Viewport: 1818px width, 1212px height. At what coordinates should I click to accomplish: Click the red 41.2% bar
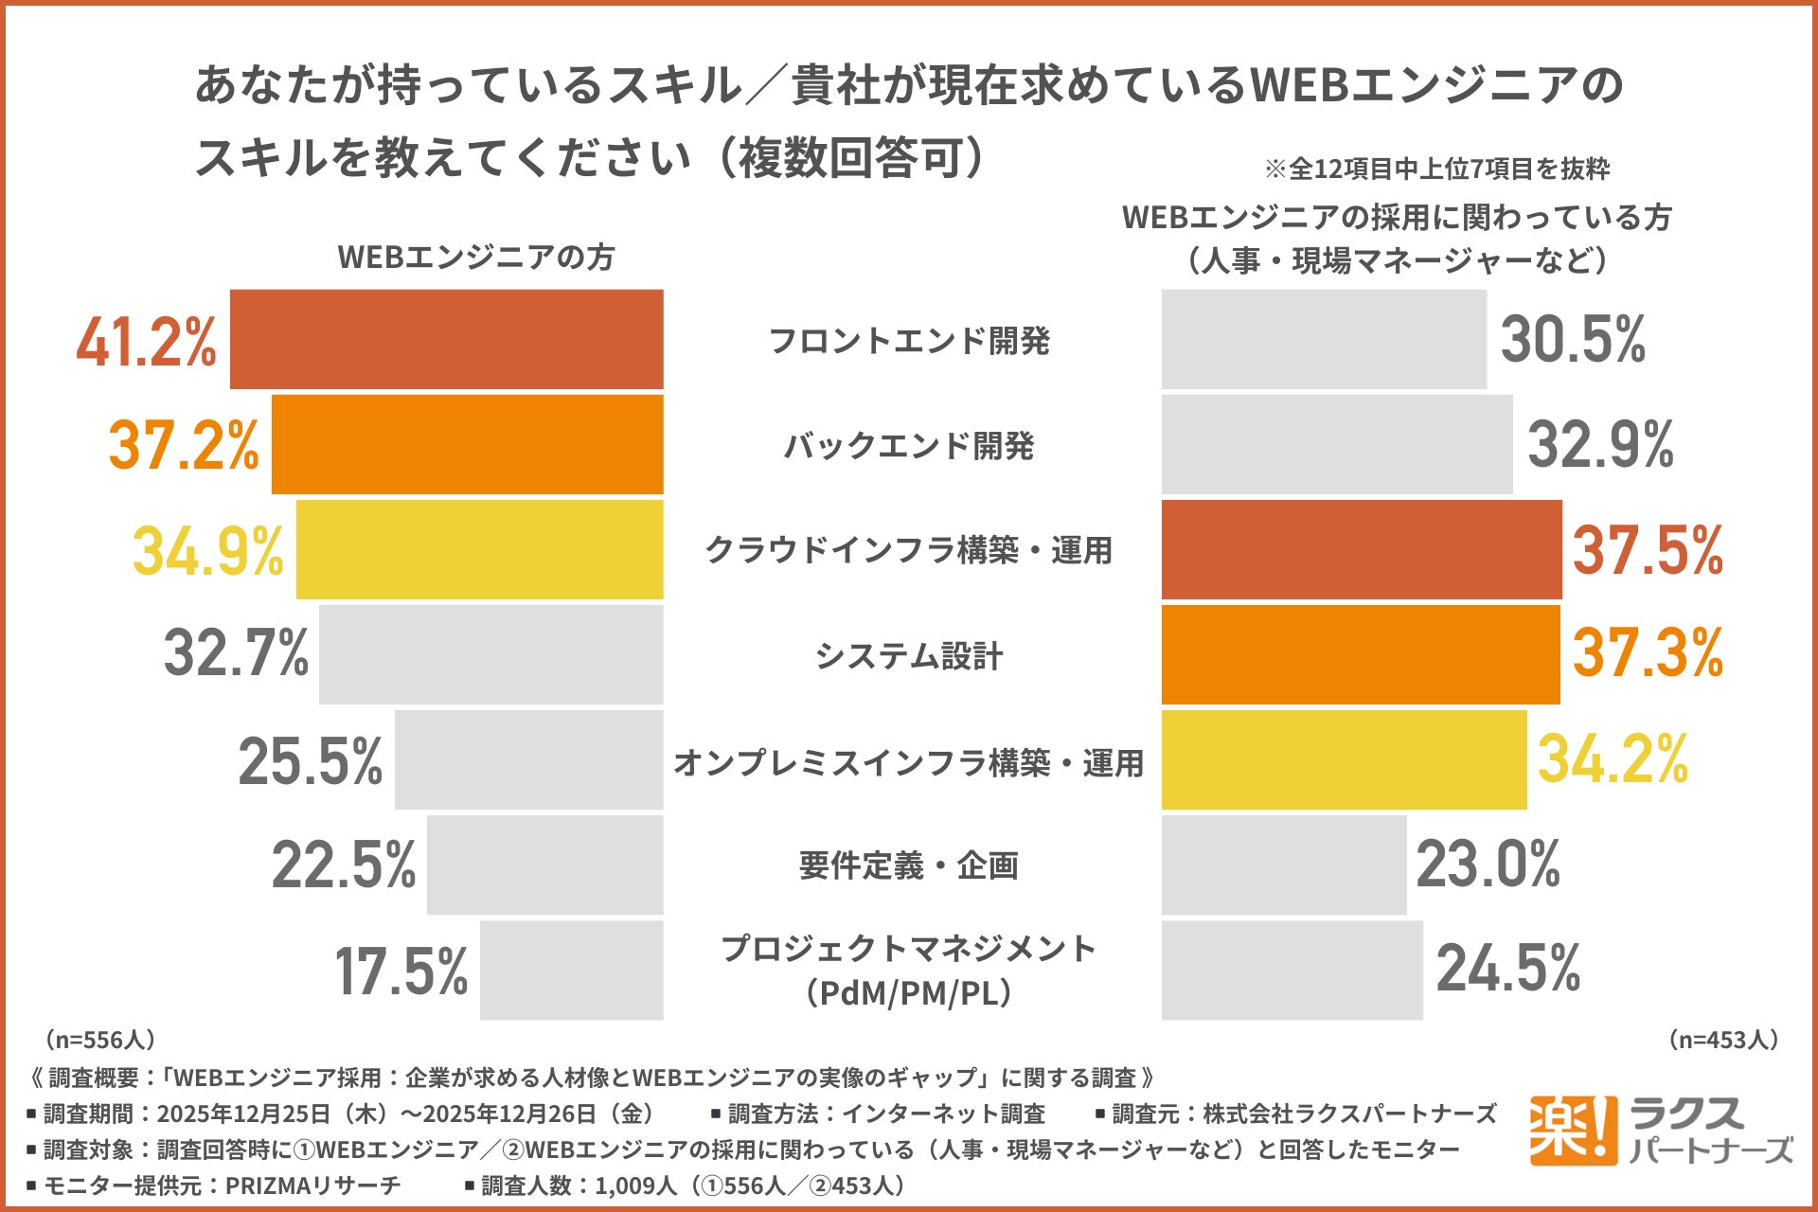(446, 339)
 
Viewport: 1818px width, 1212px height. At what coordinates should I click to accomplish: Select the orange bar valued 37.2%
(467, 444)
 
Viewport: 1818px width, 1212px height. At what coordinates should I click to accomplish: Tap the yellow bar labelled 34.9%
(479, 549)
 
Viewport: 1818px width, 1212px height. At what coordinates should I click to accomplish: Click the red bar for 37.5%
(1361, 549)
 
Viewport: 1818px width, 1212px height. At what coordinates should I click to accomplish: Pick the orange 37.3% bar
(1360, 654)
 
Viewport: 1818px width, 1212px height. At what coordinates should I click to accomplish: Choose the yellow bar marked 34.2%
(1344, 759)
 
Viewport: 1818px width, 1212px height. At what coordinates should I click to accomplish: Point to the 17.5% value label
(401, 971)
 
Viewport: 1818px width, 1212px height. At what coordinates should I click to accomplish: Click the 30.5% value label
(1573, 339)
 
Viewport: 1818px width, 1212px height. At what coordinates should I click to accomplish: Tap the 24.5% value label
(1508, 968)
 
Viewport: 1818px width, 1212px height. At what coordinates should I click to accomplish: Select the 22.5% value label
(344, 864)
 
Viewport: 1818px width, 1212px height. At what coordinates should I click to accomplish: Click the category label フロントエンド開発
(909, 341)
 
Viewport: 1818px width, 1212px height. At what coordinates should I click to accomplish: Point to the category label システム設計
(909, 655)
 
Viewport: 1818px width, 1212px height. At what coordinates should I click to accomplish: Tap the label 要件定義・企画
(909, 865)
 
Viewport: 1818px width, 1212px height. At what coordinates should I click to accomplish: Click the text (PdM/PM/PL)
(909, 993)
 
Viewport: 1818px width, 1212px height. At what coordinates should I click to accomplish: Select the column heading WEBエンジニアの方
(476, 258)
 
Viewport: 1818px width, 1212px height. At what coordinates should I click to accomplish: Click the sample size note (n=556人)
(100, 1040)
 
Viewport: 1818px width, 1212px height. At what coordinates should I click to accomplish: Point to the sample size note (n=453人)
(1723, 1040)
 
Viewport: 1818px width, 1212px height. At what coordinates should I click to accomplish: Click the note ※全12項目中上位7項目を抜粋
(1436, 169)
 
